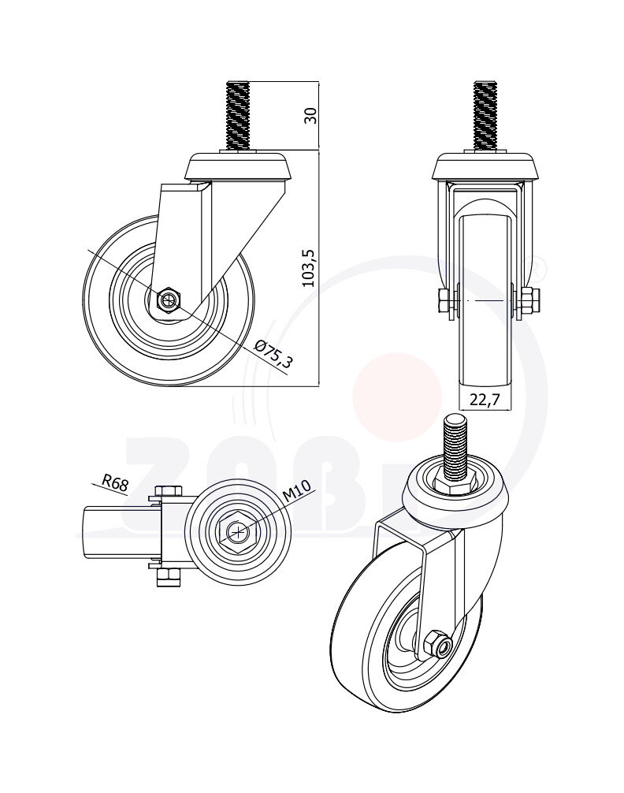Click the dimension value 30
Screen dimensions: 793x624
[x=310, y=114]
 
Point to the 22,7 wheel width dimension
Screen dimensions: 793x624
[x=485, y=400]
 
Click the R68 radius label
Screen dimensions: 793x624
[x=115, y=482]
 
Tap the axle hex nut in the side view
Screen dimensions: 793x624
[x=168, y=300]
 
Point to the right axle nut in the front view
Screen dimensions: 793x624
[x=530, y=300]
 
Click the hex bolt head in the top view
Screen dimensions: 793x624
[x=236, y=534]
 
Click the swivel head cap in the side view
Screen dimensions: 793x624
[x=237, y=167]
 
